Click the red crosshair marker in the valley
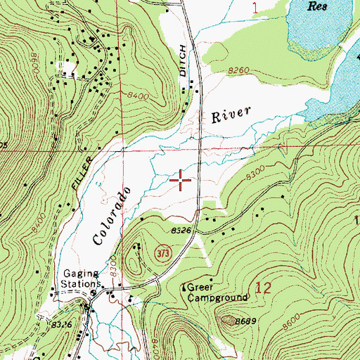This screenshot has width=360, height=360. coord(181,181)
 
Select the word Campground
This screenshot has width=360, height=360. coord(217,297)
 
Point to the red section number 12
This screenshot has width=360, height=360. coord(264,288)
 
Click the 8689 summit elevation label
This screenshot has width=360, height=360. coord(244,321)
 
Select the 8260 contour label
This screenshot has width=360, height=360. coord(240,70)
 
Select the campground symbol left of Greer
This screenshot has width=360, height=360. coord(184,287)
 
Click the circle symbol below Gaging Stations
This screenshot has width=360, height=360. coord(89,304)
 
